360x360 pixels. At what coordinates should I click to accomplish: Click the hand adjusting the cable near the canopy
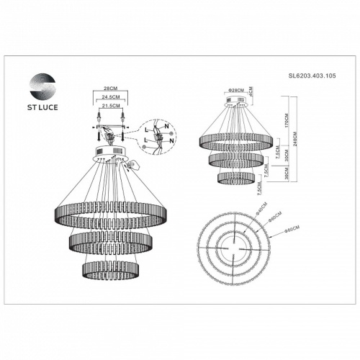(130, 167)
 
